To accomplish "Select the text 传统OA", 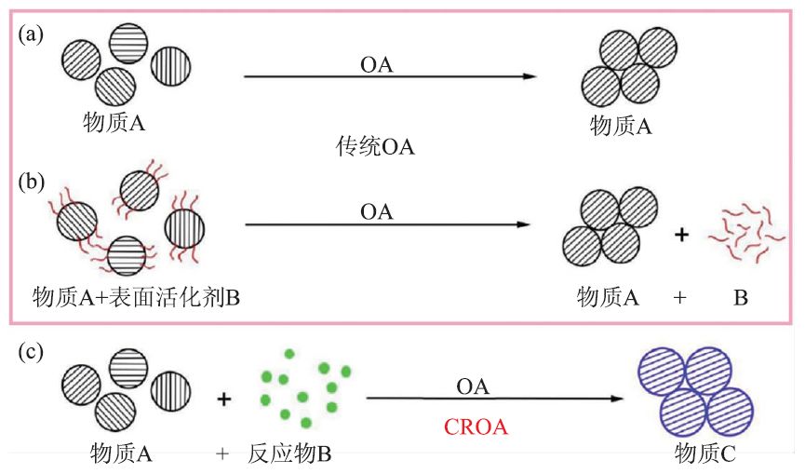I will pos(375,147).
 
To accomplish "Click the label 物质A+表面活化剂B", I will pos(136,297).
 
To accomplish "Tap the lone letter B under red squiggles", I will pos(741,298).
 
